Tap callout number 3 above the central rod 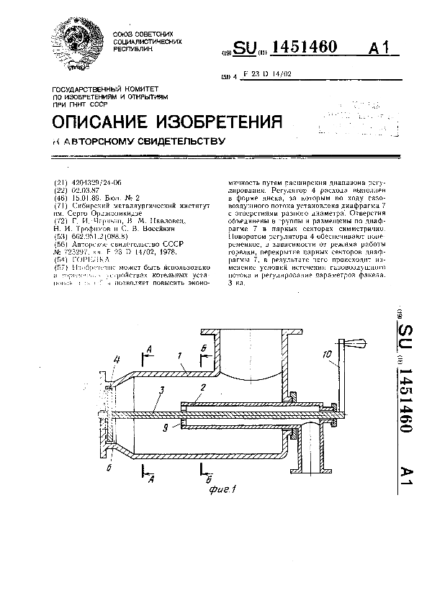(163, 389)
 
